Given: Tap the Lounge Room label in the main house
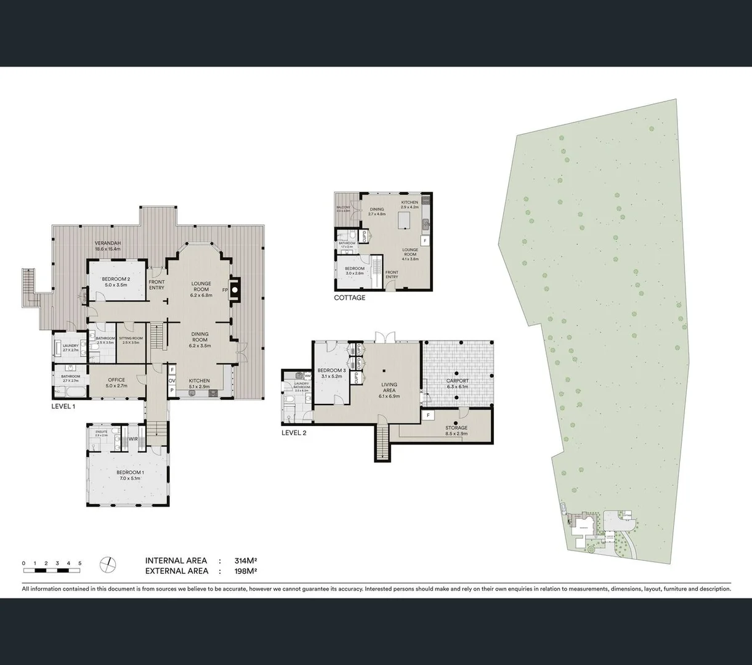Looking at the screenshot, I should (201, 286).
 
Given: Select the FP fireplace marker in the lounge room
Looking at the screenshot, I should (225, 289).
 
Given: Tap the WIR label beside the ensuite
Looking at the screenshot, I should (133, 439).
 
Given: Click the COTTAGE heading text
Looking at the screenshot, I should (349, 298).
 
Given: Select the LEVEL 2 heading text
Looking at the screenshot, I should (294, 433).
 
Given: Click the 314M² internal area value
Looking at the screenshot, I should (245, 561).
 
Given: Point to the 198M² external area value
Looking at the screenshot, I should (245, 571).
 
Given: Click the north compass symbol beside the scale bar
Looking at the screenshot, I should (108, 563).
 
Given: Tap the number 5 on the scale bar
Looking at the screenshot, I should (79, 563).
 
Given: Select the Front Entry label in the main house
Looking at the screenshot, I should (156, 284).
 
